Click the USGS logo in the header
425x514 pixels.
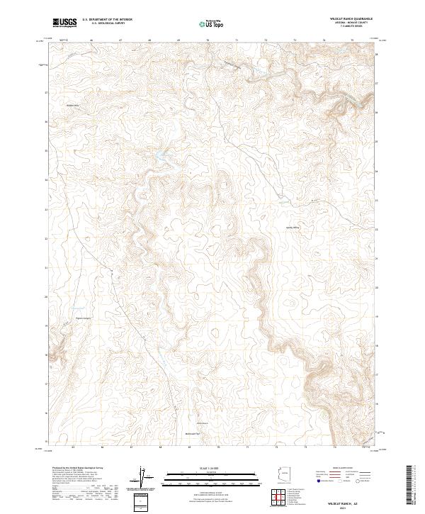pos(64,23)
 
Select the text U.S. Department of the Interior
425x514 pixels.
pos(108,20)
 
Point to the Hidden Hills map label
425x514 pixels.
pos(72,106)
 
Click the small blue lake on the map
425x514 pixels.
pos(161,158)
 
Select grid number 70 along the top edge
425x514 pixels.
pos(208,40)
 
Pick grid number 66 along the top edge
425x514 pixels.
pos(92,40)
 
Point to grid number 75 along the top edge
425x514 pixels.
pos(352,40)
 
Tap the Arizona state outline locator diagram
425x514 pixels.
pos(281,474)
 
